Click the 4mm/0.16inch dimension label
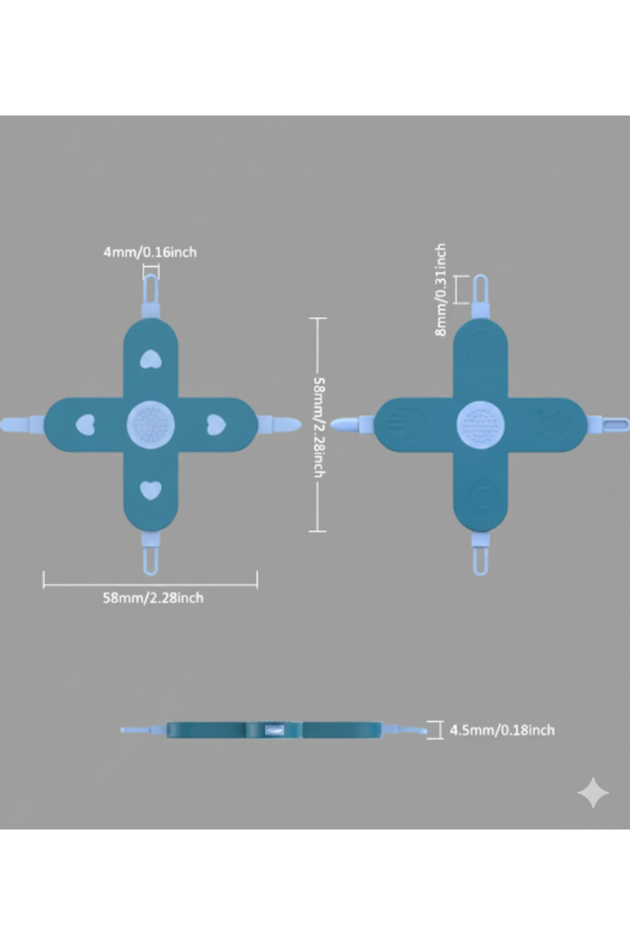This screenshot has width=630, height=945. [150, 252]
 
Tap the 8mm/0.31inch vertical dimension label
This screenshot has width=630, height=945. [440, 289]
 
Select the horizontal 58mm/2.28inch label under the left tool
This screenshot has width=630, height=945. [153, 597]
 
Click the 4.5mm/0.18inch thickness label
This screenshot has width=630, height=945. [502, 730]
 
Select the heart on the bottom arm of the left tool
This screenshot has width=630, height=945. [151, 490]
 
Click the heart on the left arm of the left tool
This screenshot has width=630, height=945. [86, 425]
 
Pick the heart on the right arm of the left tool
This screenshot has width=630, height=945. [216, 425]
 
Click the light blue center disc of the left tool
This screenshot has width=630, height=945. [151, 425]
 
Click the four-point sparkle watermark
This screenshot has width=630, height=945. [593, 793]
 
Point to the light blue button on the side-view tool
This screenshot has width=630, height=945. [275, 730]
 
